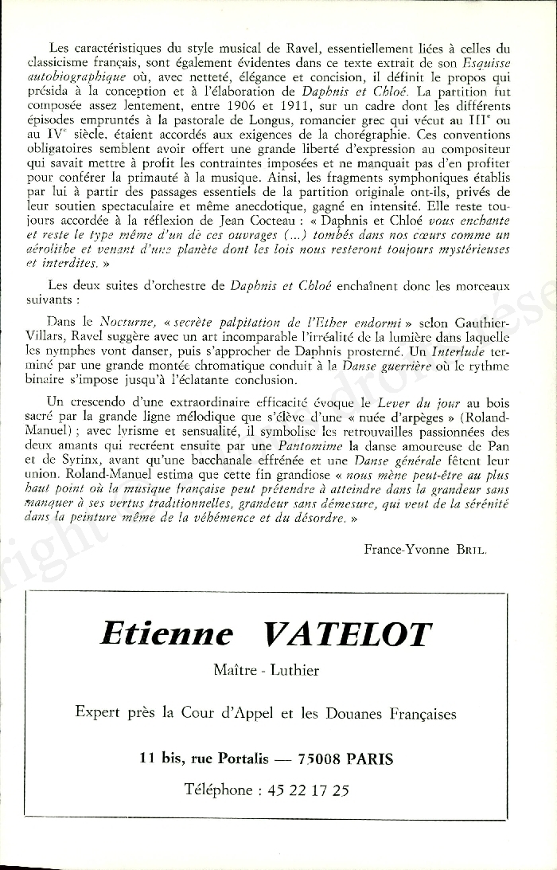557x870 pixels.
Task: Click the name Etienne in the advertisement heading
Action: pos(166,634)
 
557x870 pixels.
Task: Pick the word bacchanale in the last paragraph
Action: pos(251,460)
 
